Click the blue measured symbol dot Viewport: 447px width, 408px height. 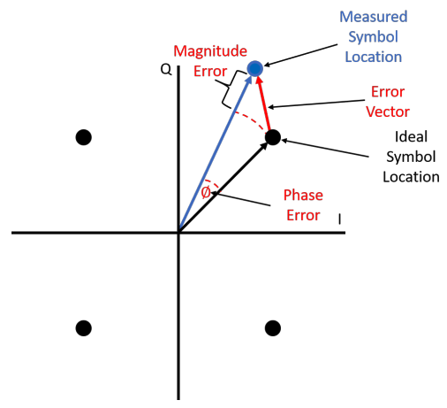254,67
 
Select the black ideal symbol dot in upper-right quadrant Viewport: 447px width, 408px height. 272,137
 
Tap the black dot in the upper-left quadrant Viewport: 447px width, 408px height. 83,137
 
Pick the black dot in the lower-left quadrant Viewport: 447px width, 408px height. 83,328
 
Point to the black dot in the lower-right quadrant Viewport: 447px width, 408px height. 272,328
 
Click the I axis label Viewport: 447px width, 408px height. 340,218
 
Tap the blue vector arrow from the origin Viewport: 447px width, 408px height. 216,150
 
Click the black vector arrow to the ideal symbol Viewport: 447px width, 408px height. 225,185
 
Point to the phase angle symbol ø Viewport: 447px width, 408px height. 205,192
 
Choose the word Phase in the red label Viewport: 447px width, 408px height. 301,195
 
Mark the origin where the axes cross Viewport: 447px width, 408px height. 179,233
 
